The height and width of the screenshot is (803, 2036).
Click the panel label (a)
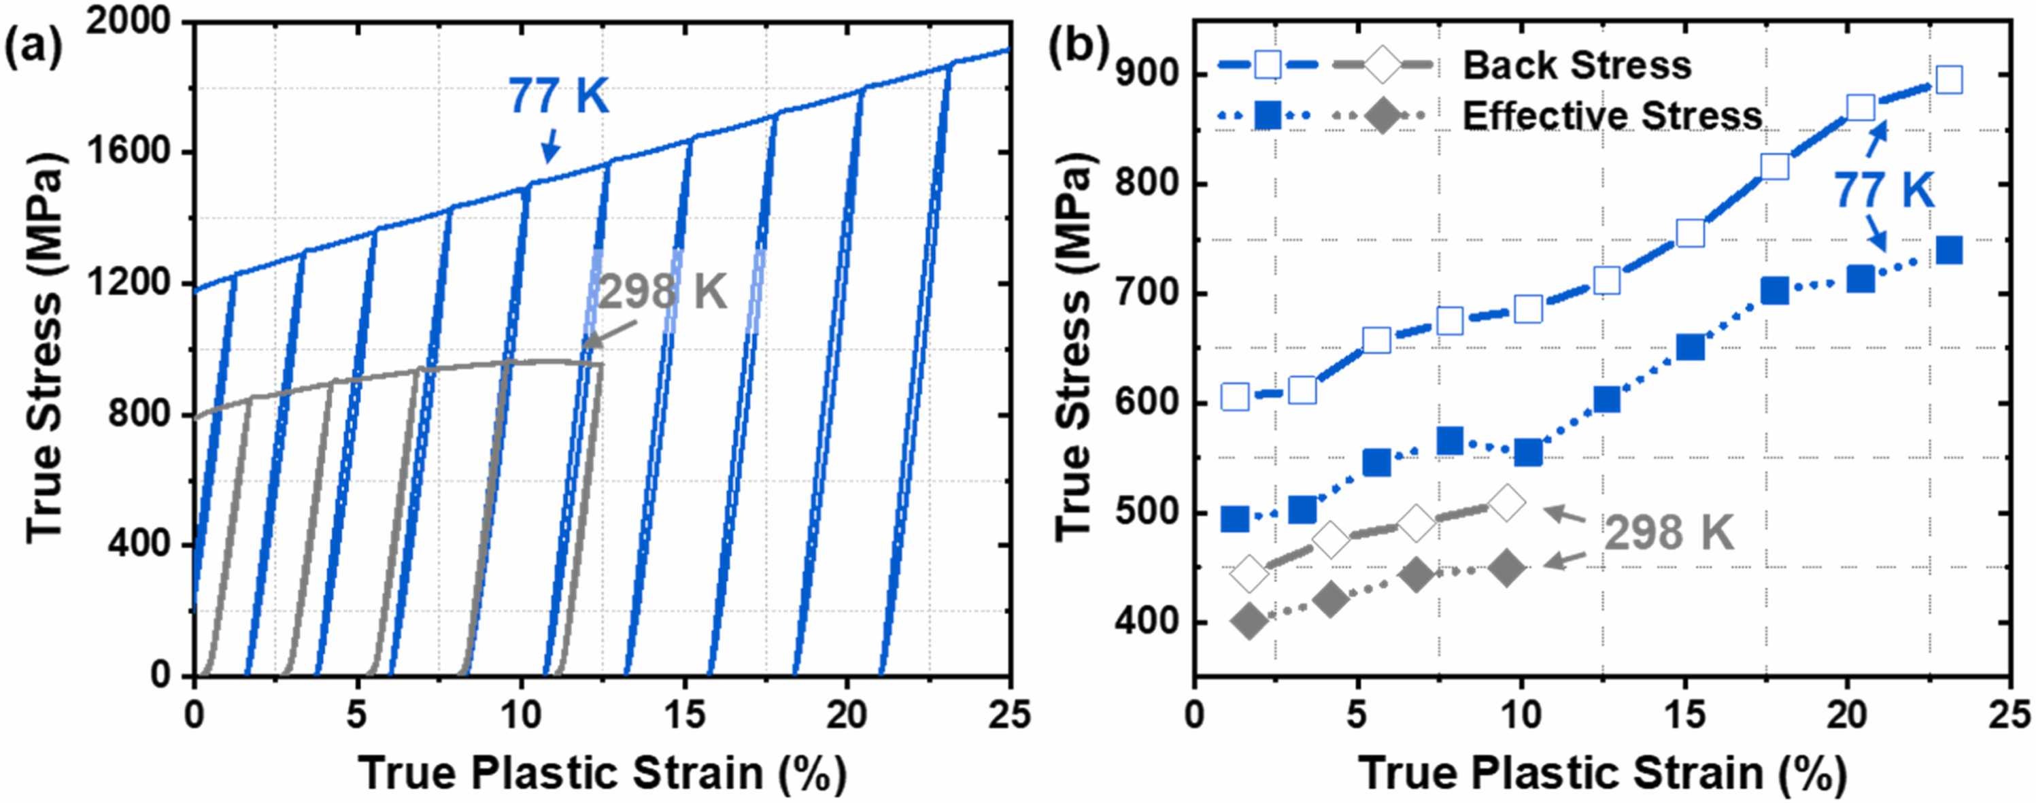(33, 49)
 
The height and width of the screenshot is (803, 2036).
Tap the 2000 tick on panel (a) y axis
(128, 21)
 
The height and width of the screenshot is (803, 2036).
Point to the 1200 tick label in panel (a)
(128, 283)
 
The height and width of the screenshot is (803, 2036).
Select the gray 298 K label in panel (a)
(662, 292)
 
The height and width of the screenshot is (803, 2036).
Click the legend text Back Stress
(1577, 65)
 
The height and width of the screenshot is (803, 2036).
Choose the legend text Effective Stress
(1612, 116)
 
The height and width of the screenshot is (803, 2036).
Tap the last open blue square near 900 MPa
(1950, 80)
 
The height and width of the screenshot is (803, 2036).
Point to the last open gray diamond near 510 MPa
(1506, 502)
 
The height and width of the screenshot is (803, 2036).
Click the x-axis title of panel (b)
(1603, 773)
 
